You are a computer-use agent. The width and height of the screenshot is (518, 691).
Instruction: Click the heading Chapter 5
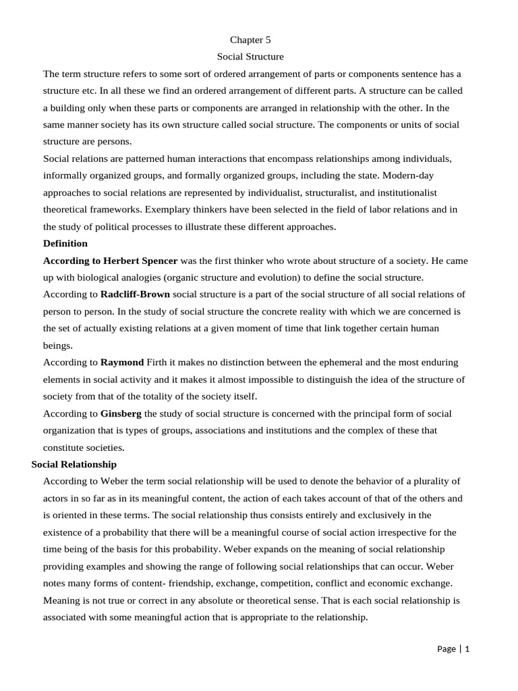coord(250,40)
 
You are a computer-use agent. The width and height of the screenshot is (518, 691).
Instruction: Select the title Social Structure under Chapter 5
coord(250,57)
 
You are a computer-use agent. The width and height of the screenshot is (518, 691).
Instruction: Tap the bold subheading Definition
coord(65,244)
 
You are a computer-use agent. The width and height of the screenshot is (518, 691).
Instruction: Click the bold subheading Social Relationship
coord(74,464)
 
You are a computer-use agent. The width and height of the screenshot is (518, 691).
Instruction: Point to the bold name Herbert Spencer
coord(140,260)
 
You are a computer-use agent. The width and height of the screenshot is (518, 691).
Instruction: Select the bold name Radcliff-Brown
coord(135,294)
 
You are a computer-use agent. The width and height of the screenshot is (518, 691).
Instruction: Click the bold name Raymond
coord(122,362)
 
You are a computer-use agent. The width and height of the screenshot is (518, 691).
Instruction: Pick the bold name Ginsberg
coord(121,414)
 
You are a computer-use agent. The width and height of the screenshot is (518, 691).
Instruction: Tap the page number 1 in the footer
coord(467,649)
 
